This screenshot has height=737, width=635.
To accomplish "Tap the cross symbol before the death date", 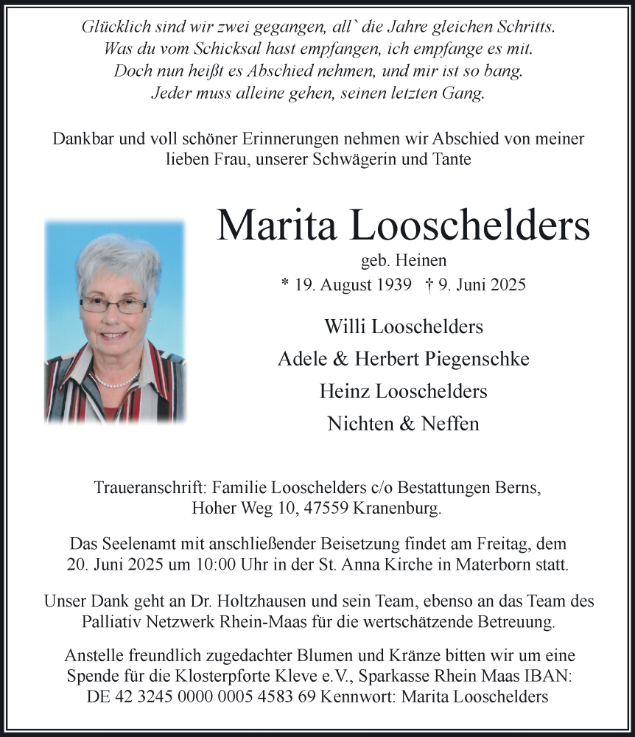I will click(x=429, y=284).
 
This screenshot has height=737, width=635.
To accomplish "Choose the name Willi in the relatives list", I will click(x=343, y=326).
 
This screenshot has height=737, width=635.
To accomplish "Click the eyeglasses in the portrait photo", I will click(x=113, y=304).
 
